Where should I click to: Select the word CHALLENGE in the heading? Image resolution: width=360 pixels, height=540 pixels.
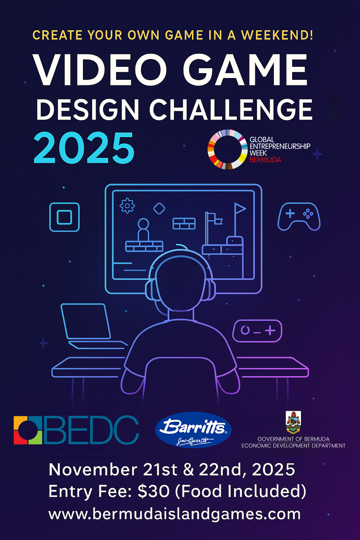tap(231, 110)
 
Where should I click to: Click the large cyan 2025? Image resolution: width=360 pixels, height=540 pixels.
tap(84, 148)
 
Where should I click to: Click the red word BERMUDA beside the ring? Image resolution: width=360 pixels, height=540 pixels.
tap(265, 160)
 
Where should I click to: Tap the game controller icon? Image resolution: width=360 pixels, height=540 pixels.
tap(299, 216)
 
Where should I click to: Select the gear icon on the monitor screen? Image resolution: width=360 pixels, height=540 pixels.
tap(127, 206)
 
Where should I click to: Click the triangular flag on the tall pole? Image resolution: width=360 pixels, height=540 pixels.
tap(240, 209)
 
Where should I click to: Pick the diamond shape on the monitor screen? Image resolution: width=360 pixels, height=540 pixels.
tap(159, 208)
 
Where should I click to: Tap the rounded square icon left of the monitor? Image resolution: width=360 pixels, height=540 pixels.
tap(64, 217)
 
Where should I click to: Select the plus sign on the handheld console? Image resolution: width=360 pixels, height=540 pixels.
tap(270, 330)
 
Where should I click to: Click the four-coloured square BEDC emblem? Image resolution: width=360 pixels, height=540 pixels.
tap(28, 430)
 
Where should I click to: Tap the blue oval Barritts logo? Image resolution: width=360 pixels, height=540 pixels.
tap(193, 430)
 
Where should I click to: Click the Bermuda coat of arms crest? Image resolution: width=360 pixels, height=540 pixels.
tap(293, 422)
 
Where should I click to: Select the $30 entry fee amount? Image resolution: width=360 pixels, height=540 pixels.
tap(154, 491)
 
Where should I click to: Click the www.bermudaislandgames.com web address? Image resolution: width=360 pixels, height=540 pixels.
tap(174, 514)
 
